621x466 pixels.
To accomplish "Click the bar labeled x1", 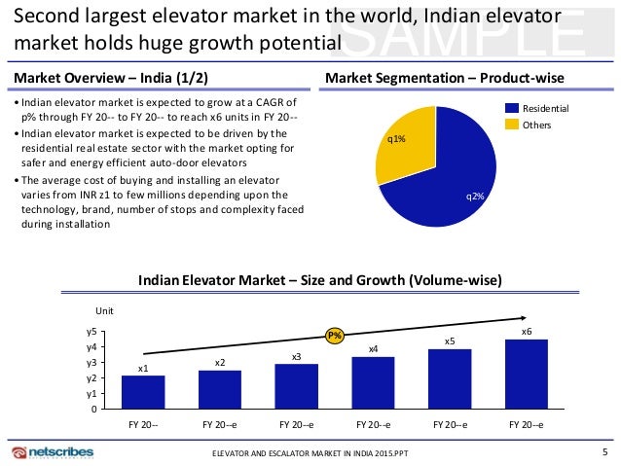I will pos(143,392).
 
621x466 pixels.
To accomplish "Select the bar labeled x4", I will pos(373,382).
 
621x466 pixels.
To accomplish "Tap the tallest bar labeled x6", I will pos(527,374).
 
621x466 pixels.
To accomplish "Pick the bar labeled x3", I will pos(297,386).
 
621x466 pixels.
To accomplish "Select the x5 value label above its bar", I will pos(450,341).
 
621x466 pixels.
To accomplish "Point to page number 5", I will pos(604,451).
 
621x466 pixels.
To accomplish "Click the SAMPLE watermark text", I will pos(482,37).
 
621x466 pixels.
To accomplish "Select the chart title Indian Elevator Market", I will pos(320,281).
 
